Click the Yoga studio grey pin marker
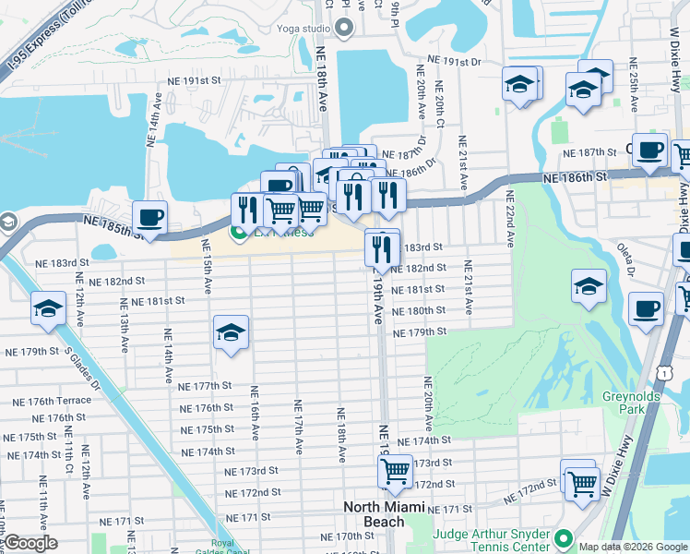tap(345, 28)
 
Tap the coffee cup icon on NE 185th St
tap(149, 218)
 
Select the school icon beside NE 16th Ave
tap(231, 333)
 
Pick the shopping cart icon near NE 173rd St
tap(396, 471)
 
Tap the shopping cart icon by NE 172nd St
tap(580, 481)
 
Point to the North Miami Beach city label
tap(385, 514)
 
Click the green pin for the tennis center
tap(565, 536)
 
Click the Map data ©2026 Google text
tap(633, 547)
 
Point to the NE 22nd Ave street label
tap(508, 219)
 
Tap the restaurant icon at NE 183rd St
tap(381, 247)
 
